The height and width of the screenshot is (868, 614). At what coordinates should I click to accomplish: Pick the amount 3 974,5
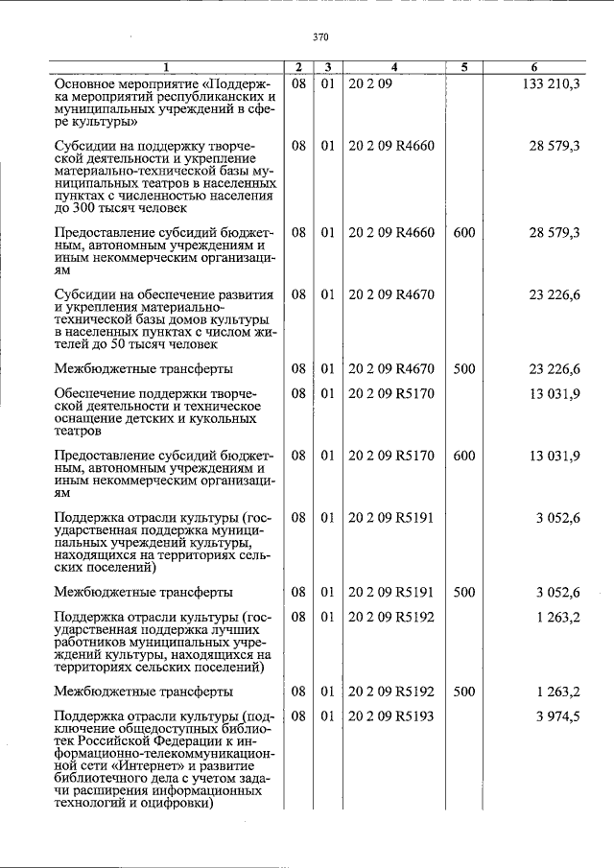pos(556,716)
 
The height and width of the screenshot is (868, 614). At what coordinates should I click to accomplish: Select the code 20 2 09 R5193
pos(391,716)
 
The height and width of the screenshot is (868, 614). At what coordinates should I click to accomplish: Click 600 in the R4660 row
pos(464,232)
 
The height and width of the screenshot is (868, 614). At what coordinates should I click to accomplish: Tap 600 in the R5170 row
pos(464,456)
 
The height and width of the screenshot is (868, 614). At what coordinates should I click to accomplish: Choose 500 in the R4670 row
pos(464,367)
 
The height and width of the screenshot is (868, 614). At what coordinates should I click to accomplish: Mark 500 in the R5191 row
pos(464,592)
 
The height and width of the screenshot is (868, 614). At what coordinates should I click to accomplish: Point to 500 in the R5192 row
pos(464,691)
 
